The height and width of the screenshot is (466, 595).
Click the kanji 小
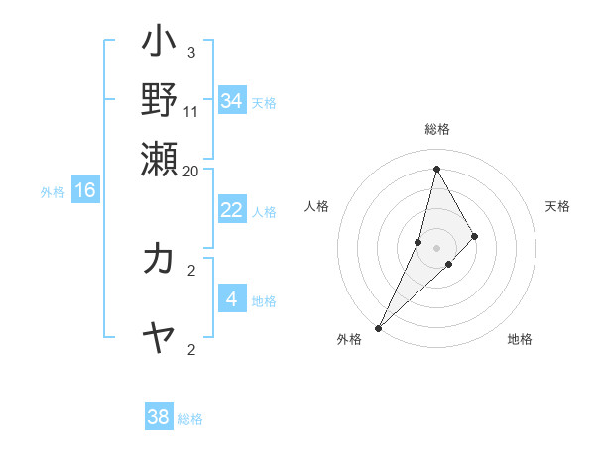pyautogui.click(x=159, y=45)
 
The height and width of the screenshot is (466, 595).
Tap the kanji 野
pyautogui.click(x=159, y=99)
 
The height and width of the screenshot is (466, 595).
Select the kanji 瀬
pyautogui.click(x=159, y=156)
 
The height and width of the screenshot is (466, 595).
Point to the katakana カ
pyautogui.click(x=159, y=259)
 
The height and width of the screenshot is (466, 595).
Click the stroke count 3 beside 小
pyautogui.click(x=190, y=52)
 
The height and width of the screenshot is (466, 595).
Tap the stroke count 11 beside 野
pyautogui.click(x=191, y=111)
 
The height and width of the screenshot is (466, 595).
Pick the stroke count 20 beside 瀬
pyautogui.click(x=191, y=171)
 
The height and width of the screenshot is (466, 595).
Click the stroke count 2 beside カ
pyautogui.click(x=190, y=269)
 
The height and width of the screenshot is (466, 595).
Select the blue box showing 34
pyautogui.click(x=231, y=101)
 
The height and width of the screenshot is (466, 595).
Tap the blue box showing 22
pyautogui.click(x=231, y=210)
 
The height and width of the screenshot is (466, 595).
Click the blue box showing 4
pyautogui.click(x=231, y=298)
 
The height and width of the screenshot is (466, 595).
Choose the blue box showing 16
pyautogui.click(x=85, y=190)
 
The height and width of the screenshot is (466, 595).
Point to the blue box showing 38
pyautogui.click(x=159, y=417)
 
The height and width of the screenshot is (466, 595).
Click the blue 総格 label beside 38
pyautogui.click(x=190, y=419)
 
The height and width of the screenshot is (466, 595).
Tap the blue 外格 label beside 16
pyautogui.click(x=53, y=192)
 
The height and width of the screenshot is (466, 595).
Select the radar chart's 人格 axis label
pyautogui.click(x=317, y=206)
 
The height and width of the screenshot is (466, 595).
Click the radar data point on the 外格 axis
pyautogui.click(x=378, y=328)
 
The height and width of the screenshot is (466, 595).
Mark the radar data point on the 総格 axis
pyautogui.click(x=436, y=169)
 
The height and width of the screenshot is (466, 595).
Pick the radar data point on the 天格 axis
pyautogui.click(x=475, y=236)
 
